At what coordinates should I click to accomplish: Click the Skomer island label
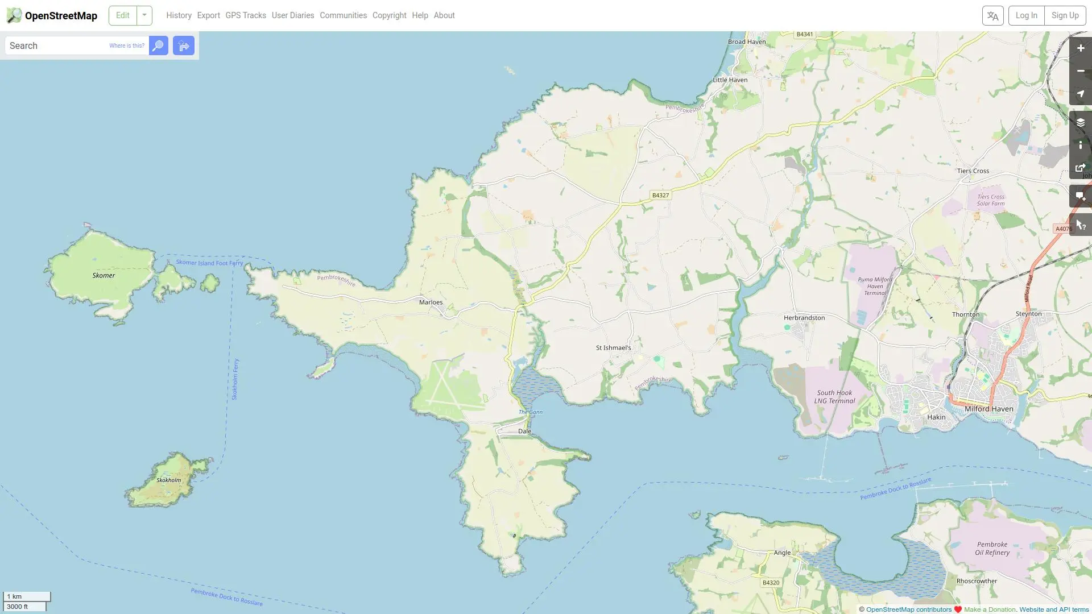pos(104,276)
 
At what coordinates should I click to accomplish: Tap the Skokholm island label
pos(169,480)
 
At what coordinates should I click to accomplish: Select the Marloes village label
pos(431,302)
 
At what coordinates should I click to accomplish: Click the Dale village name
pos(524,432)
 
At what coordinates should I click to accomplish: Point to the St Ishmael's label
pos(613,348)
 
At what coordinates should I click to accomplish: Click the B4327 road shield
pos(660,196)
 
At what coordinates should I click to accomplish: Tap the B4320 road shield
pos(771,583)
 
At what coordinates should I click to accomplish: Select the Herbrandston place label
pos(804,318)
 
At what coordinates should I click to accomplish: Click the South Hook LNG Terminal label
pos(834,397)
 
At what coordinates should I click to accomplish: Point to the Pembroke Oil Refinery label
pos(992,549)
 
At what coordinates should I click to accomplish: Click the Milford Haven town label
pos(988,409)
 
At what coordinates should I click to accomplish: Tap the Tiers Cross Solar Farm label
pos(991,200)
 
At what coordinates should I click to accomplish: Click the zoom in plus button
pos(1080,48)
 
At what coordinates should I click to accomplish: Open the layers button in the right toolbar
pos(1080,123)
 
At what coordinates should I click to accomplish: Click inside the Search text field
pos(57,46)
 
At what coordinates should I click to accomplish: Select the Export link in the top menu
pos(208,15)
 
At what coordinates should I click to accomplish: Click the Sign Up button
pos(1065,15)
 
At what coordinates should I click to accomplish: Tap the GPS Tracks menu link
pos(245,15)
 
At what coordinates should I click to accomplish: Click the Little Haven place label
pos(730,80)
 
